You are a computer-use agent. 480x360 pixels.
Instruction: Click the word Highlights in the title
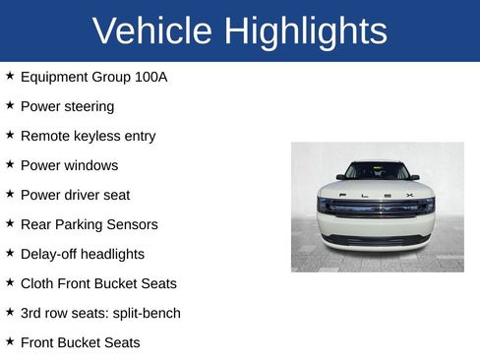click(x=305, y=31)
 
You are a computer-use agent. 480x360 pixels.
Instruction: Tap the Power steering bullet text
click(x=67, y=106)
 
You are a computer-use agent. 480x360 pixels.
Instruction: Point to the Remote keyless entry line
click(x=88, y=136)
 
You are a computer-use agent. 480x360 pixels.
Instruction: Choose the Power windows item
click(x=69, y=165)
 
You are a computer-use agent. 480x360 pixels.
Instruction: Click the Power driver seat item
click(x=75, y=195)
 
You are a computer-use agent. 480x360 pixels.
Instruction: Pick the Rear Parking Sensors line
click(x=89, y=224)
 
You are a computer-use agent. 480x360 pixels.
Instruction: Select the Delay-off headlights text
click(x=82, y=254)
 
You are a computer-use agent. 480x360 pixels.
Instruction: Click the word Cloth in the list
click(x=38, y=283)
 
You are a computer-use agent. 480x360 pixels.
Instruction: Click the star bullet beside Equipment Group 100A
click(x=10, y=76)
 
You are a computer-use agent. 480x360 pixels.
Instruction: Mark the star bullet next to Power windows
click(x=10, y=164)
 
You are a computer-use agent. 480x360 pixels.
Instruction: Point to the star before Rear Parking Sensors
click(x=10, y=223)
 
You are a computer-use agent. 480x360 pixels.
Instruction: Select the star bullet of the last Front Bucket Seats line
click(x=10, y=341)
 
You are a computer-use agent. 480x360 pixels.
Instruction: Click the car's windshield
click(x=377, y=171)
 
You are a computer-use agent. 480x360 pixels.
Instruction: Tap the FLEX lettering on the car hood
click(x=377, y=195)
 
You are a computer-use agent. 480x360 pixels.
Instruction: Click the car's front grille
click(x=377, y=208)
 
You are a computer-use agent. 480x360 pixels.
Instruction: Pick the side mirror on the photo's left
click(x=340, y=177)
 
